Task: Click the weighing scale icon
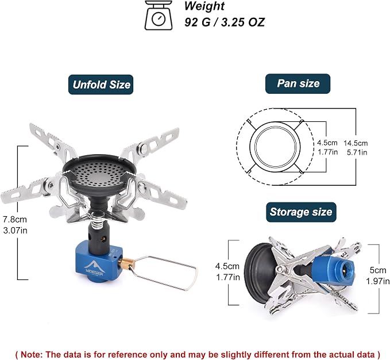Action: tap(159, 16)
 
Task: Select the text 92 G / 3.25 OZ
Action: tap(225, 22)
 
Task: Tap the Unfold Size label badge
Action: tap(101, 85)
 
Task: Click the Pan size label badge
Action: tap(298, 83)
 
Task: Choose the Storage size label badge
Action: tap(301, 212)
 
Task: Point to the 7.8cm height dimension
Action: tap(15, 220)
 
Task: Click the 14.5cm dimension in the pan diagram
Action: tap(356, 143)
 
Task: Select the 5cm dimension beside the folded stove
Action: tap(377, 270)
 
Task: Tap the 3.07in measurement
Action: tap(15, 231)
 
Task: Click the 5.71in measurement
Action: tap(357, 152)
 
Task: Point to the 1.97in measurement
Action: tap(377, 281)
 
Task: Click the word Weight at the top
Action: tap(204, 6)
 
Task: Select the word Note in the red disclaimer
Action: tap(31, 354)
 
